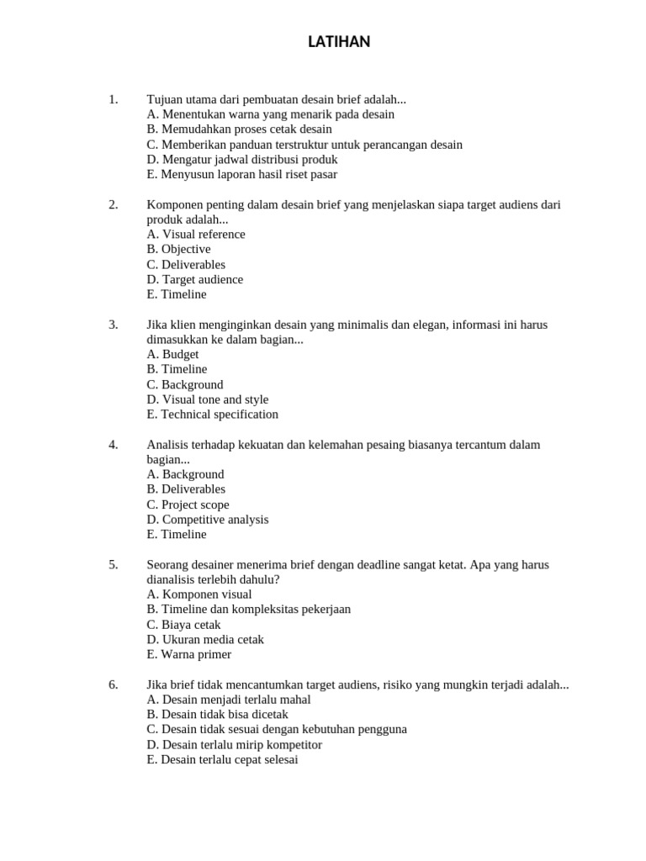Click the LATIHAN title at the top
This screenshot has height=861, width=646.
coord(338,42)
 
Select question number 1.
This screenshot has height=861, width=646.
coord(114,99)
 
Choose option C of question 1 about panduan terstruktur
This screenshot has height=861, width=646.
coord(304,145)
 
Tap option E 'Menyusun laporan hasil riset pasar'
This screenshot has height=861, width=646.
coord(241,175)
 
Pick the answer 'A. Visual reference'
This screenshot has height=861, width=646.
coord(195,235)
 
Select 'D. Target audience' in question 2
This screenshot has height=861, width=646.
coord(194,279)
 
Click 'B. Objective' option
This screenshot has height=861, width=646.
coord(178,250)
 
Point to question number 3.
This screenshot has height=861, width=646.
coord(114,325)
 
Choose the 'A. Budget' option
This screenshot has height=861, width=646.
coord(172,354)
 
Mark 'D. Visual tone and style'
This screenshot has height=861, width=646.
coord(207,399)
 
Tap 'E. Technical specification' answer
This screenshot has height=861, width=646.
coord(212,415)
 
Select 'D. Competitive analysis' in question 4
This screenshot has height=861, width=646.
coord(207,520)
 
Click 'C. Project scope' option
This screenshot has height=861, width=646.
coord(188,504)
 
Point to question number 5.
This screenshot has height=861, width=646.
coord(114,564)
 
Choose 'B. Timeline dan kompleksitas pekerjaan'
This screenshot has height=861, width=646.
coord(248,609)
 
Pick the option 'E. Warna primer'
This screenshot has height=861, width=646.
coord(188,654)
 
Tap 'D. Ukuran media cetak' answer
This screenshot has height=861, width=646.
coord(204,639)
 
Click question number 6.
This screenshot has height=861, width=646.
coord(114,684)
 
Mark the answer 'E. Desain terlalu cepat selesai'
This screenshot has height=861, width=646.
coord(222,759)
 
